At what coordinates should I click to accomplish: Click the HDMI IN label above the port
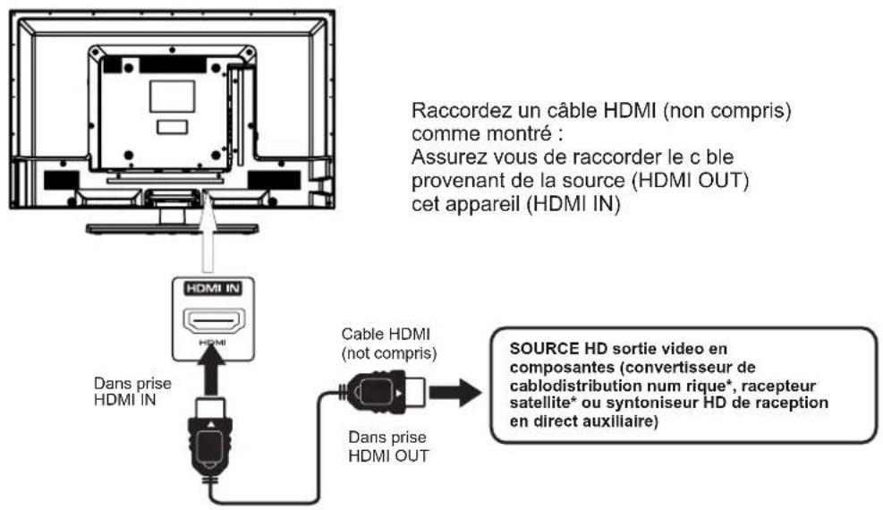[208, 289]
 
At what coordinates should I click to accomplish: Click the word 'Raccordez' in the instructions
[450, 115]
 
